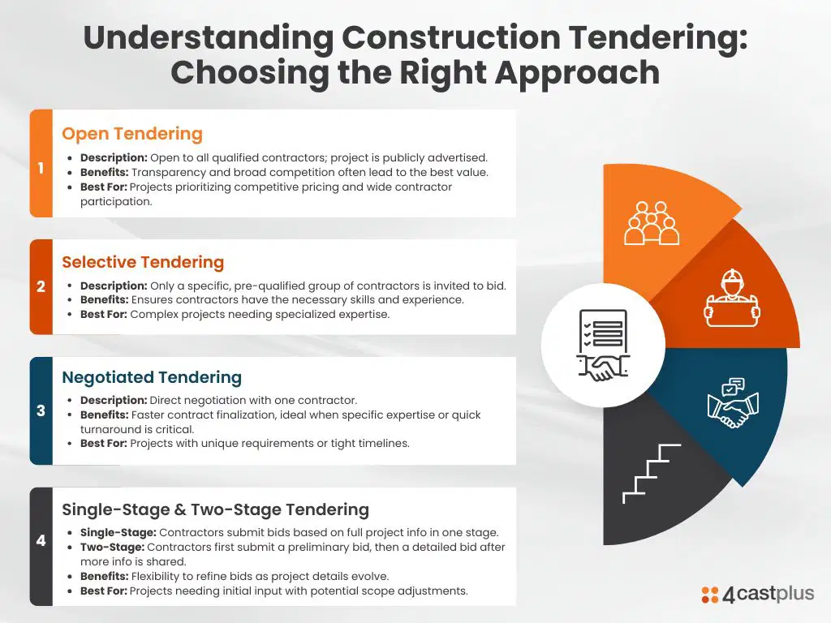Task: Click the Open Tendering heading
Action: point(132,134)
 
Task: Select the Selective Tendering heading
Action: point(143,262)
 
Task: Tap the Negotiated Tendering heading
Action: point(152,378)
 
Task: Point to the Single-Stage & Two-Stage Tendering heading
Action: point(215,509)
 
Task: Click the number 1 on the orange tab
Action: point(41,168)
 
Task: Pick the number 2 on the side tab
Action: point(41,286)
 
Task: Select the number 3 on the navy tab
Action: point(41,410)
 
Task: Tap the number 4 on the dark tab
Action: point(41,540)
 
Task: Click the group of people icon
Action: point(652,223)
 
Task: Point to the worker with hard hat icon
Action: point(731,299)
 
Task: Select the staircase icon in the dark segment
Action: point(652,474)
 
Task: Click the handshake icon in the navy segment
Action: point(733,403)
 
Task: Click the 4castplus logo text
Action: point(768,594)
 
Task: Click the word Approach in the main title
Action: point(577,73)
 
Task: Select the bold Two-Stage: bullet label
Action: point(112,548)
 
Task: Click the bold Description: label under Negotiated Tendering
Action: point(114,401)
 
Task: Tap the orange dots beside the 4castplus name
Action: point(709,595)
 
